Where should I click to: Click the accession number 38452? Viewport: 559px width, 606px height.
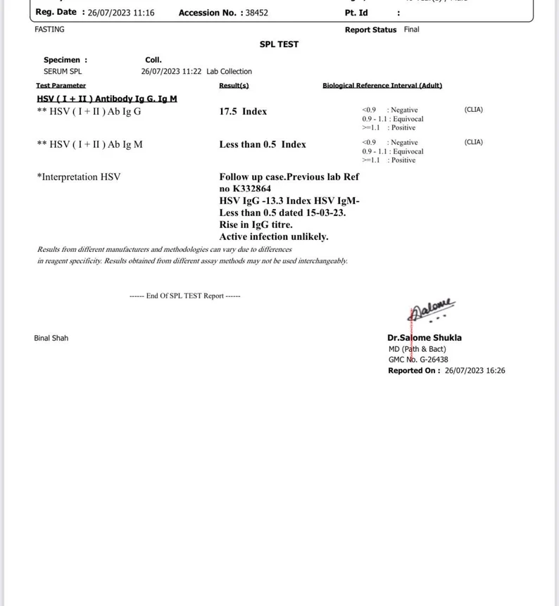(x=256, y=13)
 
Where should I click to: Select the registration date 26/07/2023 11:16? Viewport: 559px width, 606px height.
(x=121, y=13)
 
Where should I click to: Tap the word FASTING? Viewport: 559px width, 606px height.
(x=49, y=30)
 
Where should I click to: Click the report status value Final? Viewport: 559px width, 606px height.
(x=412, y=30)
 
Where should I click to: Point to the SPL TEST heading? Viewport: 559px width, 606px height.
(x=279, y=44)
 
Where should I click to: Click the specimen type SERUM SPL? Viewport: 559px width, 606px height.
(x=63, y=71)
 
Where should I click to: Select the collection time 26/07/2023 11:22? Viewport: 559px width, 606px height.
(x=171, y=71)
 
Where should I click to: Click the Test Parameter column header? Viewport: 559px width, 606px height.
(x=61, y=86)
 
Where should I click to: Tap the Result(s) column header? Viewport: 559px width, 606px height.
(x=234, y=86)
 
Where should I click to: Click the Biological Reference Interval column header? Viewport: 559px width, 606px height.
(x=382, y=86)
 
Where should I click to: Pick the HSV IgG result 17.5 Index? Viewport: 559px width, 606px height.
(x=243, y=111)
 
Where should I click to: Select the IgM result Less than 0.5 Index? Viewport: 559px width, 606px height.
(x=263, y=144)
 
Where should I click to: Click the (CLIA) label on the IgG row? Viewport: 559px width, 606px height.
(x=474, y=110)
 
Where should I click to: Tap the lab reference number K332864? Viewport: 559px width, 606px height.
(x=251, y=189)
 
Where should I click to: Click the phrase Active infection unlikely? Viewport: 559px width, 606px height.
(x=274, y=236)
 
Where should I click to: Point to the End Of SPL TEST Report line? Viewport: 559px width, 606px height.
(x=185, y=296)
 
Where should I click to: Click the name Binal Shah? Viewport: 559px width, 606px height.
(x=51, y=338)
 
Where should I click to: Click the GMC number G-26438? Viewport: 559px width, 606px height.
(x=434, y=360)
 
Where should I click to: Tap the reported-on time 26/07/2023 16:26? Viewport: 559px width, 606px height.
(x=475, y=370)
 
